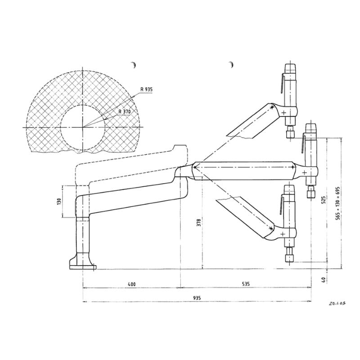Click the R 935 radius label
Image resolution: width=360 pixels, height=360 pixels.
tap(147, 89)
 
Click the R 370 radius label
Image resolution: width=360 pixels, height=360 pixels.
tap(125, 112)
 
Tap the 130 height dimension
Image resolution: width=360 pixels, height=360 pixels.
tap(60, 201)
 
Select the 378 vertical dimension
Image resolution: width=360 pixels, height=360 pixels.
tap(199, 222)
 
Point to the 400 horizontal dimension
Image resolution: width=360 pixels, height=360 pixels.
tap(131, 284)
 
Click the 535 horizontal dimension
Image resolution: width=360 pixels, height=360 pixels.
tap(246, 284)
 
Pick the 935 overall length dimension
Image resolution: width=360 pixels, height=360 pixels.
tap(197, 298)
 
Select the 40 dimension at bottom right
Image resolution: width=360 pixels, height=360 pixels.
tap(323, 279)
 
